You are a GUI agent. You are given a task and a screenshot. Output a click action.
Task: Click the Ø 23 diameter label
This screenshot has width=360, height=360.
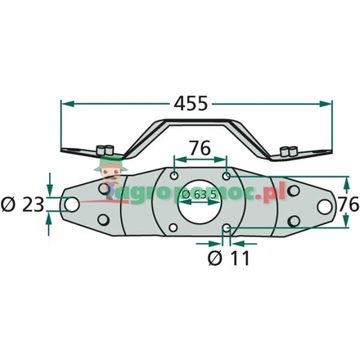coord(21,204)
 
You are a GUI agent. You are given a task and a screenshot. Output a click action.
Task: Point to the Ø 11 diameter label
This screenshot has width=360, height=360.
coord(228,259)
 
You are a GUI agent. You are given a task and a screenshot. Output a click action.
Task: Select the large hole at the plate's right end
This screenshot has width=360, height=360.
coord(322,205)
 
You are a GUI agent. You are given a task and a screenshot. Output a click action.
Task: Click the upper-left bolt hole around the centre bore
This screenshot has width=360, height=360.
coord(174,174)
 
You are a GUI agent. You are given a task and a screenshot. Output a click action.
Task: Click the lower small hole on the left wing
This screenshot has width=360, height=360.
coord(102,220)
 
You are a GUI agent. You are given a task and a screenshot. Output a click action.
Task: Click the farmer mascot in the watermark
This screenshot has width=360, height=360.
coord(103,176)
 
